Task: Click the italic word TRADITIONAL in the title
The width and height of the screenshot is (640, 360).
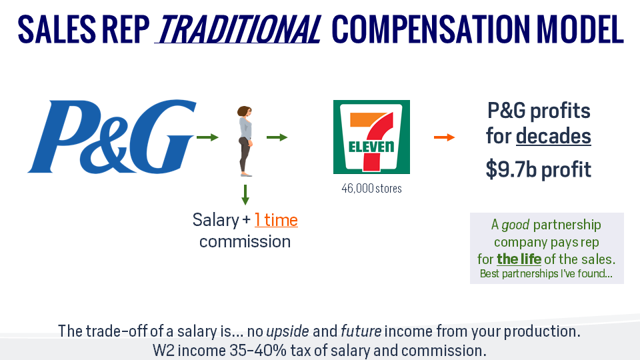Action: (237, 30)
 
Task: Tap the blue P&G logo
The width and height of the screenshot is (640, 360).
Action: (111, 136)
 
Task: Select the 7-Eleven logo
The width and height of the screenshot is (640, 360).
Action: (371, 137)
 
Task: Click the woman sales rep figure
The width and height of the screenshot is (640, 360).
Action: (245, 140)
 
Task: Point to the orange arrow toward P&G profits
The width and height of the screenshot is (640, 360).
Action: (444, 137)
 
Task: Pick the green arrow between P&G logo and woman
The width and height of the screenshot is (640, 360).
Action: (208, 137)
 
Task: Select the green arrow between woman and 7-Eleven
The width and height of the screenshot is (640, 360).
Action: (277, 137)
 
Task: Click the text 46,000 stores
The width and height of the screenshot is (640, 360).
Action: (371, 189)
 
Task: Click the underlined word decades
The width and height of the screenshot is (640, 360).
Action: (553, 136)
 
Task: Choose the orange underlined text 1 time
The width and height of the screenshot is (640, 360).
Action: (276, 220)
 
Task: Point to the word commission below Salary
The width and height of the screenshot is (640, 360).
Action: (245, 241)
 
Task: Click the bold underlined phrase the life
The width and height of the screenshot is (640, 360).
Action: (519, 259)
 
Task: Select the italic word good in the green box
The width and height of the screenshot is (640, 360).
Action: (515, 225)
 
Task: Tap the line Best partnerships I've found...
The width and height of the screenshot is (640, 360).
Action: (546, 274)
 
